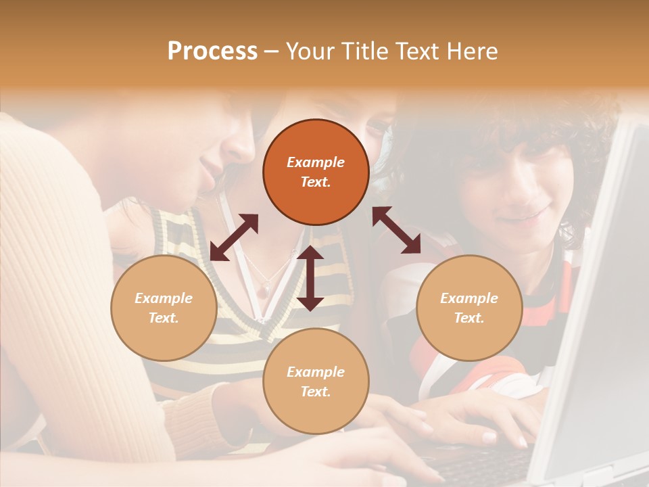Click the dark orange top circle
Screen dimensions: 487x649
(316, 172)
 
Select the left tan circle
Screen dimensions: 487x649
(164, 308)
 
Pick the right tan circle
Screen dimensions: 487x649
(469, 308)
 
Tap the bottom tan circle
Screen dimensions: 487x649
(316, 381)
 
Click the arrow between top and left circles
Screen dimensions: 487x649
(234, 237)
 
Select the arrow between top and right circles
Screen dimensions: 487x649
(396, 230)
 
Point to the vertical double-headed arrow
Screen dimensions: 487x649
(310, 278)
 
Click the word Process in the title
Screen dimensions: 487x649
(212, 51)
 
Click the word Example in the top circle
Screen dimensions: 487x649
(316, 162)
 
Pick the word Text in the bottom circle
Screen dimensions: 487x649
(314, 392)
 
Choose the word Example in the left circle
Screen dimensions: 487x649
(164, 298)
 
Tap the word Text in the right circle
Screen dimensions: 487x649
(468, 318)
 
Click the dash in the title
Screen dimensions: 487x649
(272, 51)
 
